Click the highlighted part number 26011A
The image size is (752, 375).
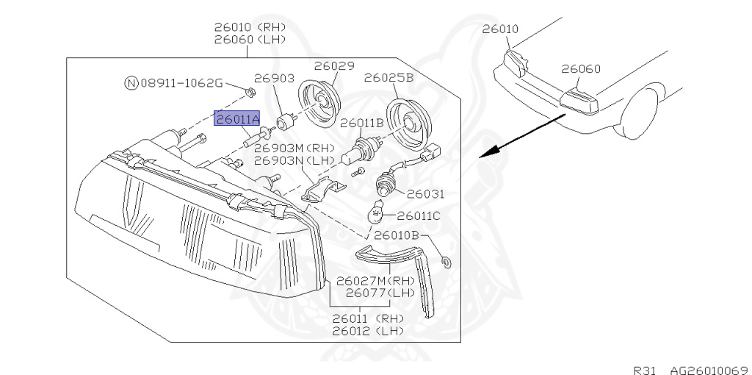coord(237,118)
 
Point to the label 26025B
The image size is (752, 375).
coord(388,77)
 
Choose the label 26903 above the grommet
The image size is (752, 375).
coord(274,78)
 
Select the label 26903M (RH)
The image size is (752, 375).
coord(294,148)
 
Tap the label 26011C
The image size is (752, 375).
coord(418,215)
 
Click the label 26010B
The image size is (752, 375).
coord(396,235)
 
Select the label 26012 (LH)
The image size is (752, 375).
coord(368,331)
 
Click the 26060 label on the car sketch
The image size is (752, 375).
coord(581,69)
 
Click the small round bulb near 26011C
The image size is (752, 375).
coord(375,214)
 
